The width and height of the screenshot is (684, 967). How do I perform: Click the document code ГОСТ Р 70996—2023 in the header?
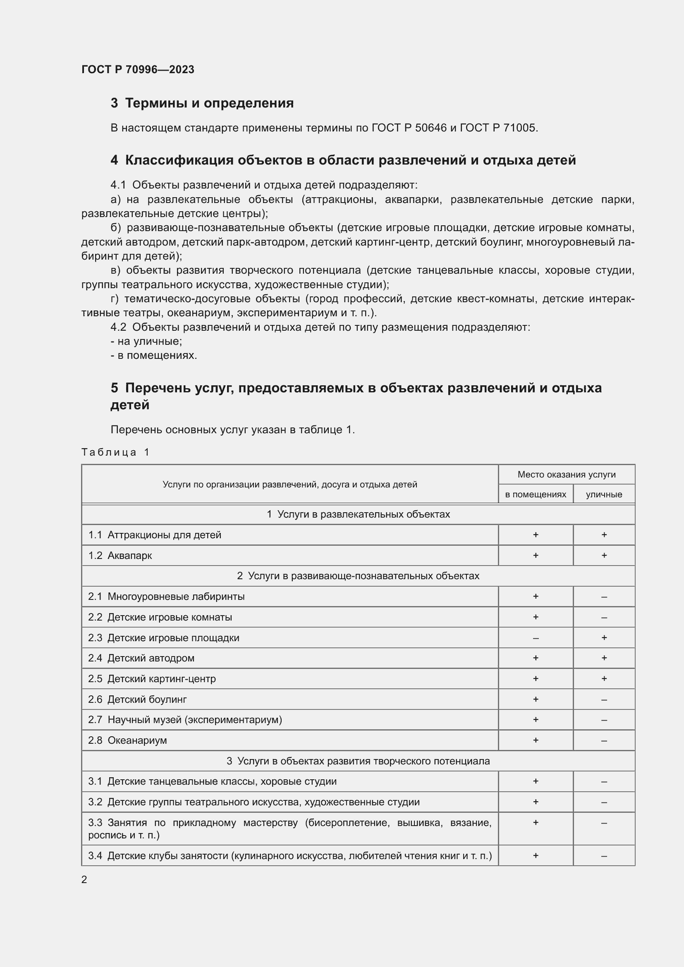[138, 69]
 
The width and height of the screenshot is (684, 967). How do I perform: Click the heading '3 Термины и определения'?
[202, 103]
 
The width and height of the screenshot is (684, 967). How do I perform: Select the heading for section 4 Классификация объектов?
[343, 160]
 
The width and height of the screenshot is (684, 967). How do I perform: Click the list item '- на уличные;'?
[146, 341]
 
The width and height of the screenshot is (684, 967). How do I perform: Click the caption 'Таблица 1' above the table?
[115, 452]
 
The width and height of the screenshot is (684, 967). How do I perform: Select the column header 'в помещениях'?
[535, 494]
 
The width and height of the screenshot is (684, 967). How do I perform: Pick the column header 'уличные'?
[603, 494]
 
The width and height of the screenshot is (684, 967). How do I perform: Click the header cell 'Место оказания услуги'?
[566, 475]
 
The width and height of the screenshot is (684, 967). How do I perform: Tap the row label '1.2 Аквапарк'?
[120, 556]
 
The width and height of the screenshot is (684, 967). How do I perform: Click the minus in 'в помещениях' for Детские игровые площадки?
[535, 638]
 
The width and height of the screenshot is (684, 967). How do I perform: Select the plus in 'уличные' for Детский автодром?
[603, 658]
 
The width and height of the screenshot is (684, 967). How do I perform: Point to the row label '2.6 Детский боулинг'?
[137, 699]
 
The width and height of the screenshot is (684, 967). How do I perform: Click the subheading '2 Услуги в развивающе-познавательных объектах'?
[358, 576]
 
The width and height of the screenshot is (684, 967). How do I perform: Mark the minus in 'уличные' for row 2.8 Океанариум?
[603, 740]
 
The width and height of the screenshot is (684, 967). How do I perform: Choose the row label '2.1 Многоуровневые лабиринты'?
[166, 597]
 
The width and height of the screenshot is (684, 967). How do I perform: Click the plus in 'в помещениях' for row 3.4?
[535, 855]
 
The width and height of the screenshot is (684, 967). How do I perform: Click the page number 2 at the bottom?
[84, 879]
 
